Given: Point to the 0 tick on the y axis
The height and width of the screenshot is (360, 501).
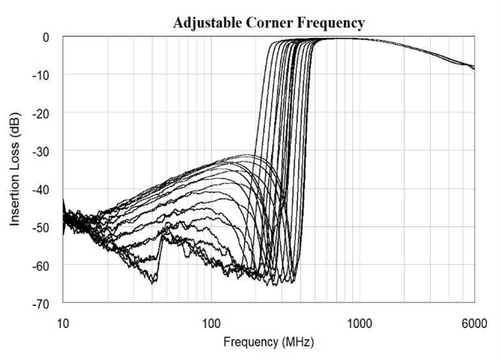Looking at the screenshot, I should click(x=46, y=38).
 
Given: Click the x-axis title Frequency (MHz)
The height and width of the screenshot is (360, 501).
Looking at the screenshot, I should click(x=269, y=342).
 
